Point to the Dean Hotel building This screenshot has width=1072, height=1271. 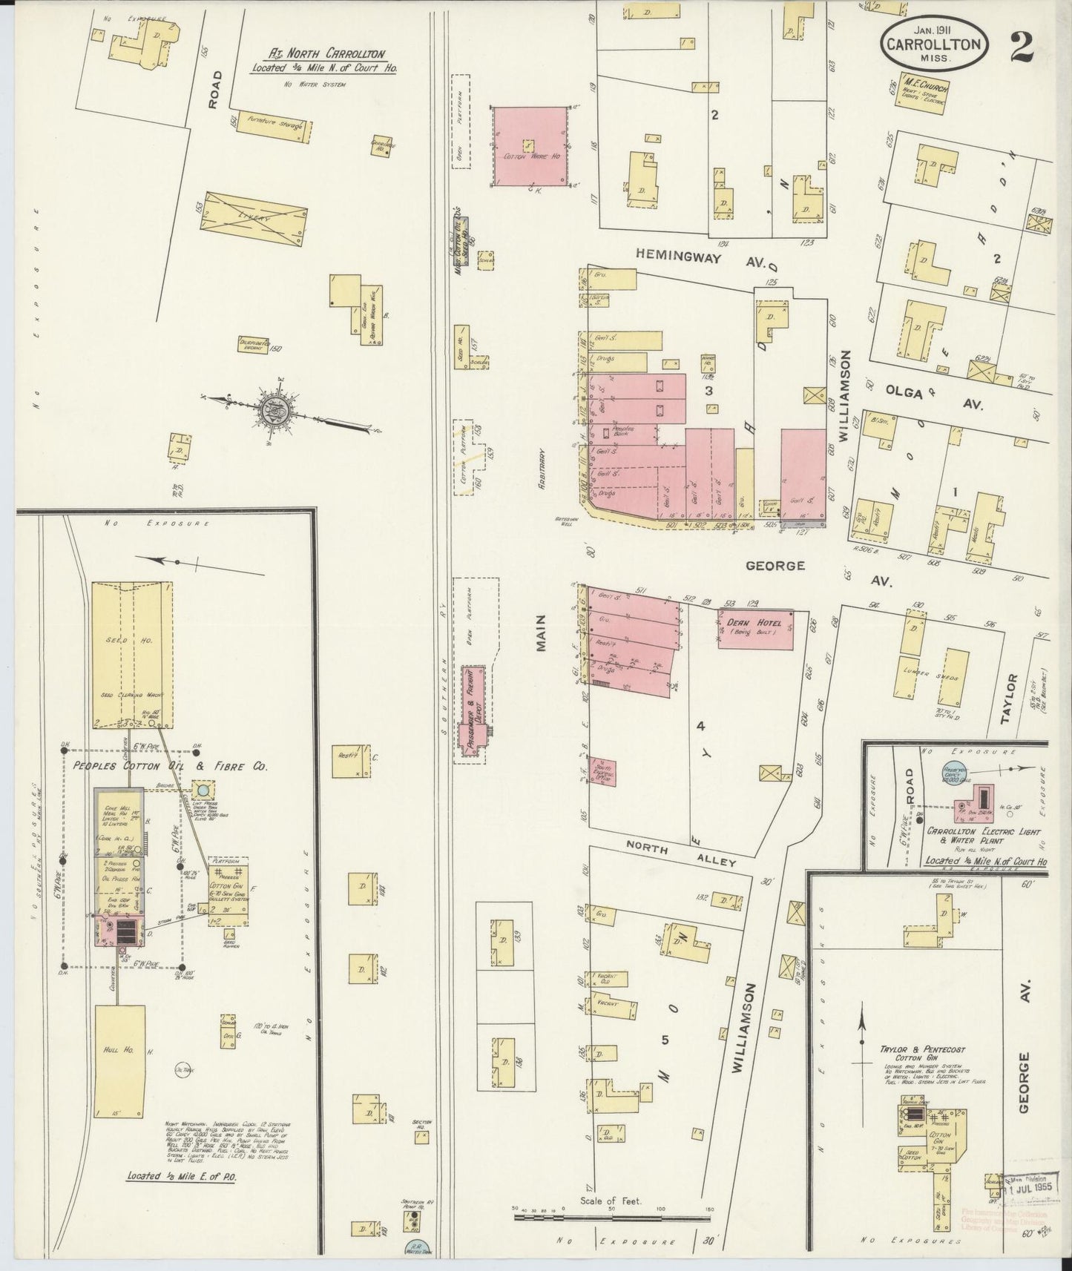click(755, 629)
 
